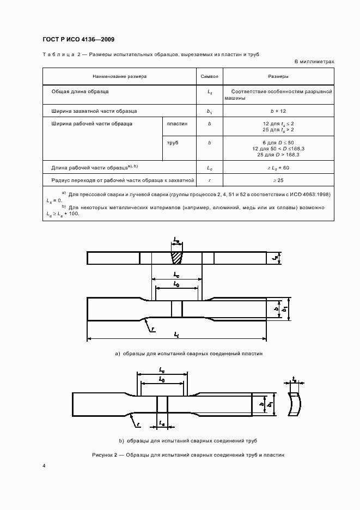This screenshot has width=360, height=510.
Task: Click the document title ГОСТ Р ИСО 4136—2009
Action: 78,39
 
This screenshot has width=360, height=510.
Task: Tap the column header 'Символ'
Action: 210,77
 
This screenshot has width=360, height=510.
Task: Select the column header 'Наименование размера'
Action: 119,77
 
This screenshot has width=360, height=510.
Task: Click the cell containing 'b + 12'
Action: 278,111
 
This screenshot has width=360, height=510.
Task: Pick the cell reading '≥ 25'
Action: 278,179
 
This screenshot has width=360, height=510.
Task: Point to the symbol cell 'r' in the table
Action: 210,179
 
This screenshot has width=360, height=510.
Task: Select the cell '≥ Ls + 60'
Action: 278,168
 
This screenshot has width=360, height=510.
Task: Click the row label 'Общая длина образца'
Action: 80,92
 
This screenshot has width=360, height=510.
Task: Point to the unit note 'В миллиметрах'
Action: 314,62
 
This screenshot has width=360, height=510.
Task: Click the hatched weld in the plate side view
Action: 177,257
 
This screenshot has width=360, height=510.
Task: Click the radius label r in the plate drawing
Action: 154,329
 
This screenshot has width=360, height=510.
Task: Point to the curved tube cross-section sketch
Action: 294,404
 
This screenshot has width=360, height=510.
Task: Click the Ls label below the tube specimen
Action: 162,423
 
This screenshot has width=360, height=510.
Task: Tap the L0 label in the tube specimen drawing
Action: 162,378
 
